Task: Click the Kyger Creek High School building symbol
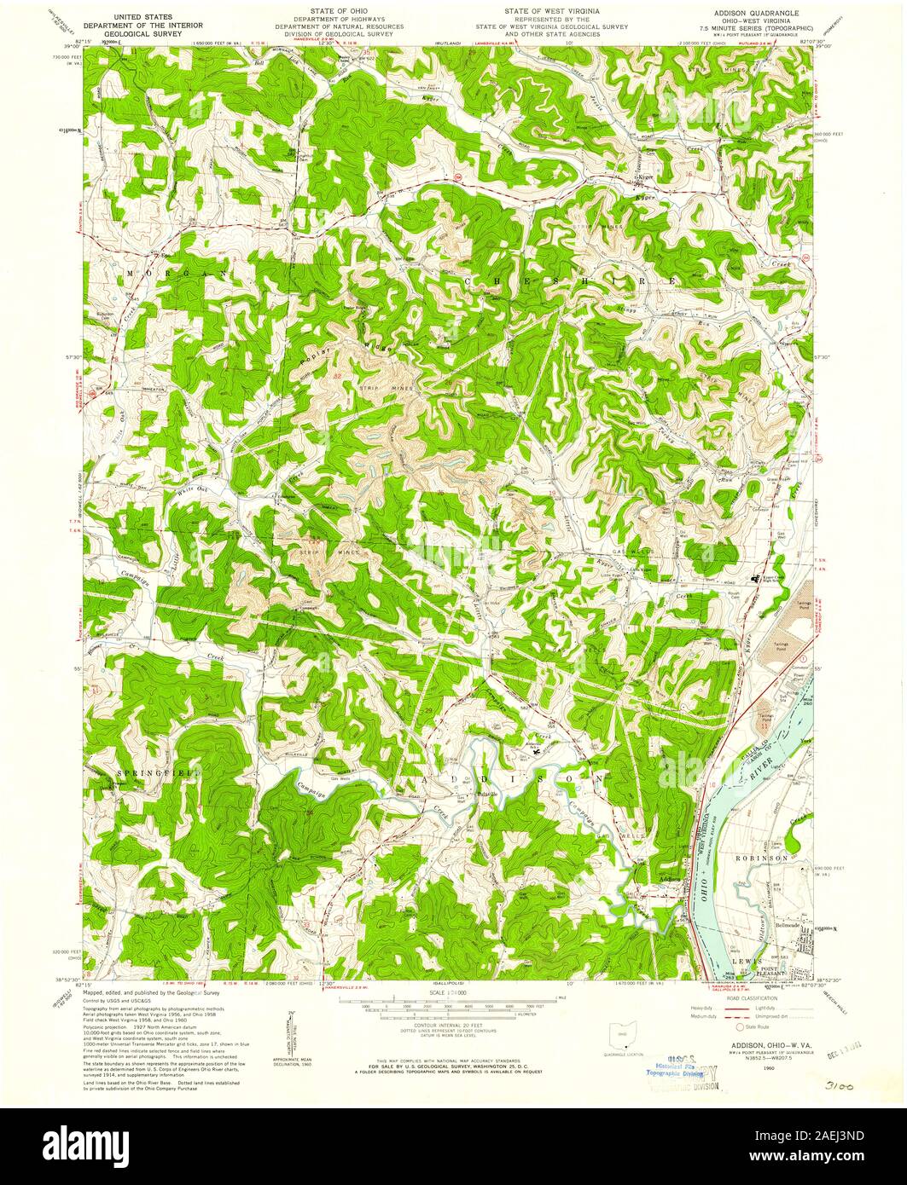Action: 754,579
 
